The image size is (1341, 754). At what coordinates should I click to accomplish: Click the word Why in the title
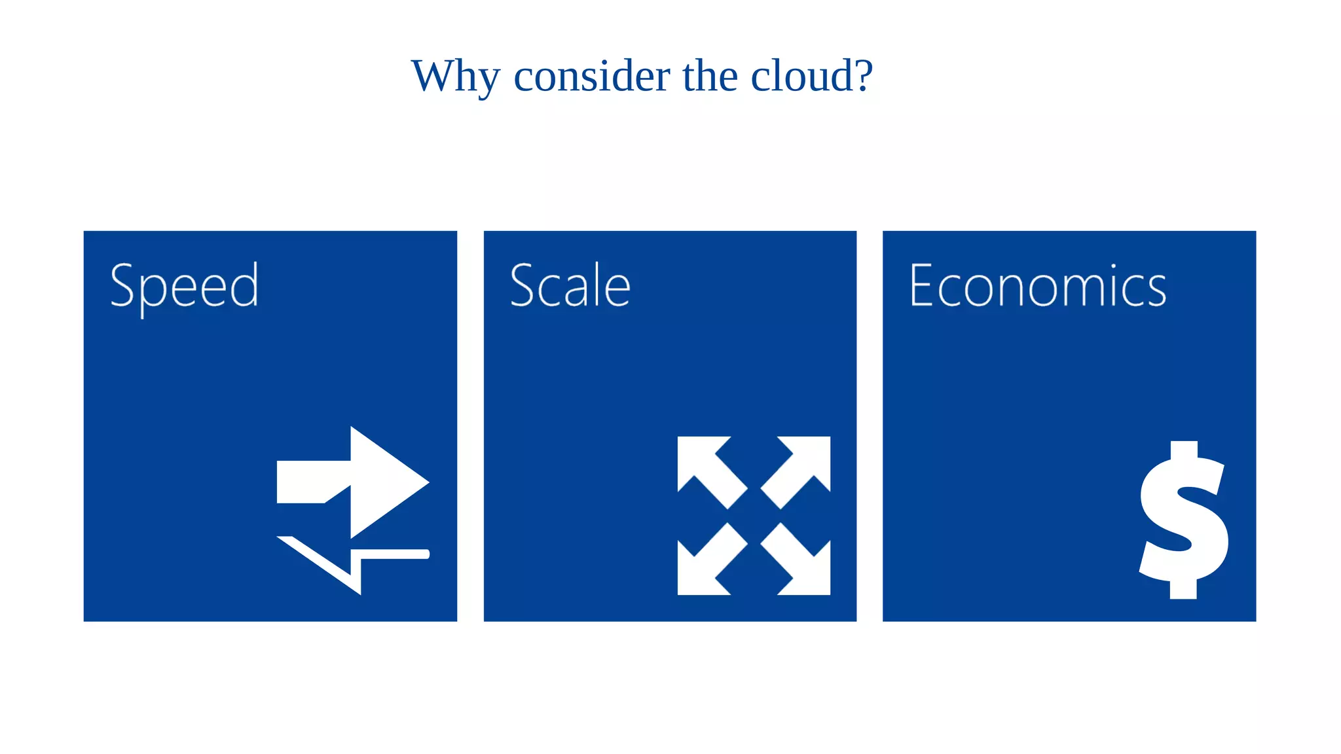pos(455,77)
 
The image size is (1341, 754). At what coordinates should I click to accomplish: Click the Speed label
pos(185,287)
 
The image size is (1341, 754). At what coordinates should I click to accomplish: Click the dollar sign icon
pos(1184,520)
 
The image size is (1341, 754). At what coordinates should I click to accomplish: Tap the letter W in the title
pos(435,76)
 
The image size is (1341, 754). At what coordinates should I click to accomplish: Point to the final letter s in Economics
pos(1156,291)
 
